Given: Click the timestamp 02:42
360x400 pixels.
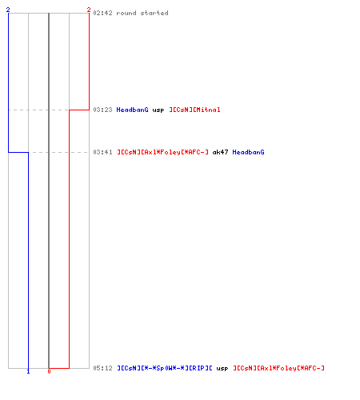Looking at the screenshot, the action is (102, 13).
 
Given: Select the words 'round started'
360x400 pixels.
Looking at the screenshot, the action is (142, 13).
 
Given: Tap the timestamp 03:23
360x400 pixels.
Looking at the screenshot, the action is (102, 110).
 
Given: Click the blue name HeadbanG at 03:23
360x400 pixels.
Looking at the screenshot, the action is (132, 110).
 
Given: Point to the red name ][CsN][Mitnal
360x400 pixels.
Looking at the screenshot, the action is (194, 110).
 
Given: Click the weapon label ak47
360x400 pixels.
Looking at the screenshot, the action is (220, 152).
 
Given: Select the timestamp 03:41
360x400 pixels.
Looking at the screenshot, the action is (102, 152).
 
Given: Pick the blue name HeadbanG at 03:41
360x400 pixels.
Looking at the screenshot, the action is (248, 152).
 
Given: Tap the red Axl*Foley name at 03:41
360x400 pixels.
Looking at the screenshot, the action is (162, 152).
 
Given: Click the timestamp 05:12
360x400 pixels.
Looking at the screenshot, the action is (102, 368).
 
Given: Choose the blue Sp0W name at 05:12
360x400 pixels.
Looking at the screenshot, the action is (165, 368).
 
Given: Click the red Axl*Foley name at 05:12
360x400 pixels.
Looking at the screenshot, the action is (278, 368).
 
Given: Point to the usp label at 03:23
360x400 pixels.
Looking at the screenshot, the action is (158, 110).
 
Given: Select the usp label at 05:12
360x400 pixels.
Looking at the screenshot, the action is (222, 369).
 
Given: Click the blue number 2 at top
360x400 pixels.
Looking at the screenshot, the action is (8, 10).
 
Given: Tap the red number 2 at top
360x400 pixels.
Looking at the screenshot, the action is (89, 10).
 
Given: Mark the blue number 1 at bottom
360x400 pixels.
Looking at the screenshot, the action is (28, 371).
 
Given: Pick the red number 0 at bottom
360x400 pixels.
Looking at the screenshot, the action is (49, 371).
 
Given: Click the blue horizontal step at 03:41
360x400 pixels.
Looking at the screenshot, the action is (18, 152).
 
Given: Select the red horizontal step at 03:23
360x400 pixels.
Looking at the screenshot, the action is (79, 110).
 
